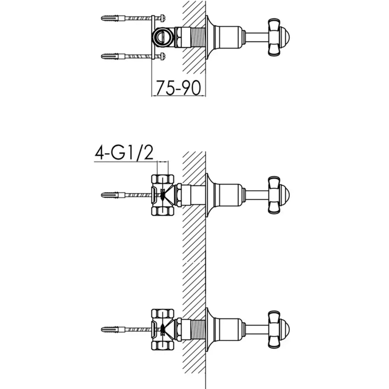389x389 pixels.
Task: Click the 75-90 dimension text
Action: pos(178,88)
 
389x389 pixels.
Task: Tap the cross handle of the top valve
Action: pos(274,37)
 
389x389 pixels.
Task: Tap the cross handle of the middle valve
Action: pos(274,195)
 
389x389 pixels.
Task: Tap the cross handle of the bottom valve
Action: pos(274,329)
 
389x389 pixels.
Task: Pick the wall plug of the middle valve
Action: pos(111,195)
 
